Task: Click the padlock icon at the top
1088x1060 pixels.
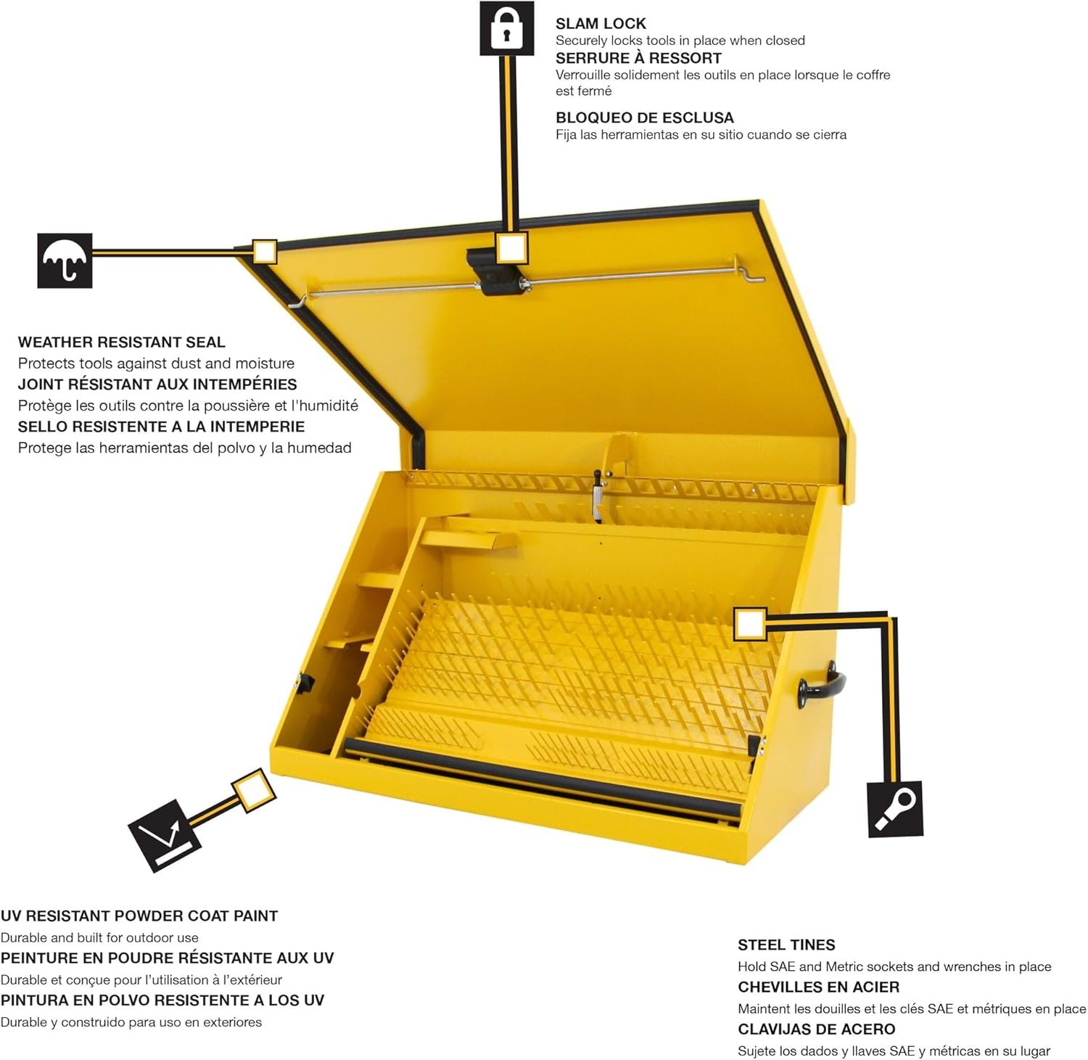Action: point(506,28)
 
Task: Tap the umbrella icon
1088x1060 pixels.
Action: point(65,260)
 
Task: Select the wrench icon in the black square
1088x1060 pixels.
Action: point(895,809)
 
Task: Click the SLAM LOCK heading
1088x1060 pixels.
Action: point(601,23)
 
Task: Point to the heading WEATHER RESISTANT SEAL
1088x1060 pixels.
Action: point(121,342)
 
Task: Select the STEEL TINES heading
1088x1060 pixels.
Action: point(786,945)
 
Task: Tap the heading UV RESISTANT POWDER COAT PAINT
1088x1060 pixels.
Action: point(139,916)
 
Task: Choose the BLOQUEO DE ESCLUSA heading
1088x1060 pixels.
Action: point(644,118)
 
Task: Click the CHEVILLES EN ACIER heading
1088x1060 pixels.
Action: point(818,987)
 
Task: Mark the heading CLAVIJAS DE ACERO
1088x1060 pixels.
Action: point(816,1029)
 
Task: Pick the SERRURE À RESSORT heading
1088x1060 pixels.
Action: point(638,58)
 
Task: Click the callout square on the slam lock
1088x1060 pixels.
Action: point(511,247)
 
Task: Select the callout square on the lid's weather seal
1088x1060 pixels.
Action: point(264,251)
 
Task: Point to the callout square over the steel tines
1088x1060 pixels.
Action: point(749,625)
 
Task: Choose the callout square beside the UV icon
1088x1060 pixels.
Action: point(253,791)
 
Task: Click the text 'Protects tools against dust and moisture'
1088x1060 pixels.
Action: point(156,363)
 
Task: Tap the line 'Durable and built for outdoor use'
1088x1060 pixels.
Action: point(99,937)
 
